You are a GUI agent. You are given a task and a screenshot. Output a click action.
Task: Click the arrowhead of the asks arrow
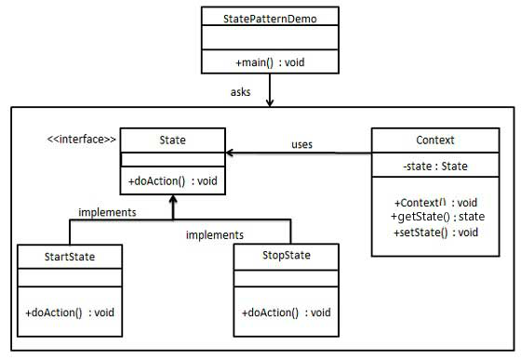pyautogui.click(x=268, y=103)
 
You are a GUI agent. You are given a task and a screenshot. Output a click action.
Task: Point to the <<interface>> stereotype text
pyautogui.click(x=82, y=140)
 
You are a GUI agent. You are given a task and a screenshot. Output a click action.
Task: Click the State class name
pyautogui.click(x=172, y=140)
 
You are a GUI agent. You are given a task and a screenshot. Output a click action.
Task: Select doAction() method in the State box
pyautogui.click(x=172, y=180)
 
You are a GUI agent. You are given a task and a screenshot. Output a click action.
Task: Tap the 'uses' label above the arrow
pyautogui.click(x=301, y=144)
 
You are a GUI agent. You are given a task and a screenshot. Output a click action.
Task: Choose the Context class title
pyautogui.click(x=435, y=140)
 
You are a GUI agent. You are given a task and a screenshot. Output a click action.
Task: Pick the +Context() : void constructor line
pyautogui.click(x=435, y=202)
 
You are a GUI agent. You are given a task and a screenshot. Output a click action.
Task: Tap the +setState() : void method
pyautogui.click(x=435, y=232)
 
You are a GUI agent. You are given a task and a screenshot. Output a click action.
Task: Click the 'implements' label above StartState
pyautogui.click(x=108, y=212)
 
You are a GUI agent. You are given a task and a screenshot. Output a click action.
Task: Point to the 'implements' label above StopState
pyautogui.click(x=214, y=235)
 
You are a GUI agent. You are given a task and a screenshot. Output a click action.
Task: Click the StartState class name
pyautogui.click(x=70, y=255)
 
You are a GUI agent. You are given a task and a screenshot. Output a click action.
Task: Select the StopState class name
pyautogui.click(x=286, y=255)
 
